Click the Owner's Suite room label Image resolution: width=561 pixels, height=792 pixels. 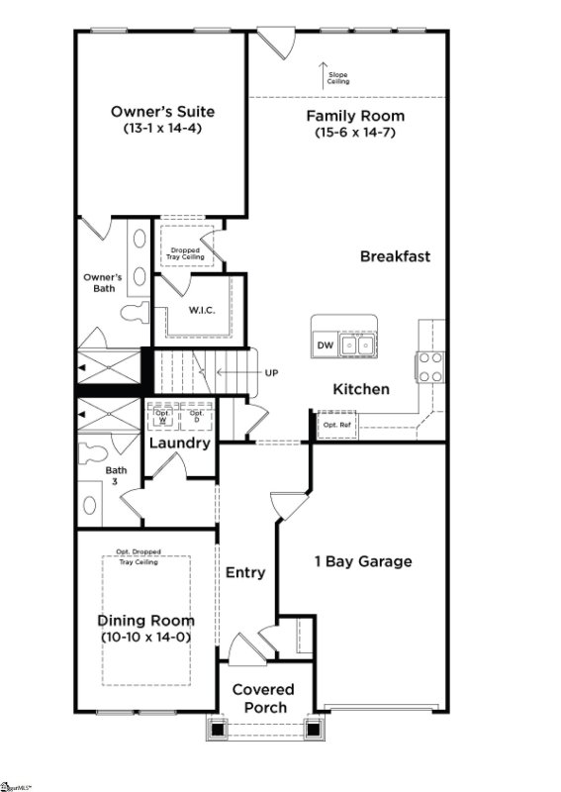(162, 112)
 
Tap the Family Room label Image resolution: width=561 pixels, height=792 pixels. (354, 116)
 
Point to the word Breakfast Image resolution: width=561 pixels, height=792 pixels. (395, 256)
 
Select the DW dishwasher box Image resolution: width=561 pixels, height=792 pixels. (325, 345)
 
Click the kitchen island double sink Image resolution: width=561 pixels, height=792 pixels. (357, 345)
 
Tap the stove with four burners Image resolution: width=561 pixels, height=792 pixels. (430, 367)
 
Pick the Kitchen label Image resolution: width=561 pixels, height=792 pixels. (360, 389)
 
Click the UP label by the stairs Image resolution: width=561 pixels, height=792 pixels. (271, 373)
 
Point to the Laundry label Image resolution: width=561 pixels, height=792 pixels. (179, 443)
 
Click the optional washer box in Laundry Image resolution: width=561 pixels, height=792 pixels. (162, 416)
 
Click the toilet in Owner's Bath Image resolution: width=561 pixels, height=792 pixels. (133, 313)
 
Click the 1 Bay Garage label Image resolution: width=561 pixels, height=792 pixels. (362, 562)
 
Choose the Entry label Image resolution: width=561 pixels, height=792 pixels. (245, 572)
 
